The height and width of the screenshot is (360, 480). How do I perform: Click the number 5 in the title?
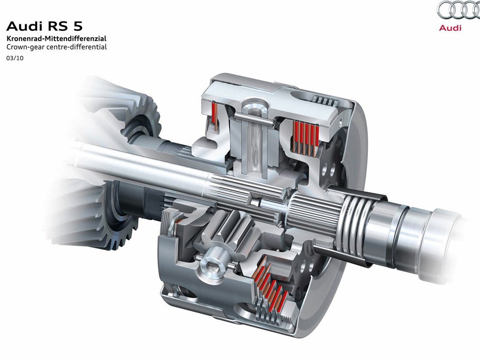click(78, 26)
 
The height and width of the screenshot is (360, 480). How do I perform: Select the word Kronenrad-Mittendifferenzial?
click(57, 38)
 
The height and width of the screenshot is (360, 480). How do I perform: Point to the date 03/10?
click(15, 58)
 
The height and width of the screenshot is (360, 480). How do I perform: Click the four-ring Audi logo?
click(458, 11)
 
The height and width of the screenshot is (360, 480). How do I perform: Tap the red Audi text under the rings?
click(450, 28)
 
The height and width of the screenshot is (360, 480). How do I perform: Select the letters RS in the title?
click(58, 26)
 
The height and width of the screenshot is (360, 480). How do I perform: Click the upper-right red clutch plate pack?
click(306, 136)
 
